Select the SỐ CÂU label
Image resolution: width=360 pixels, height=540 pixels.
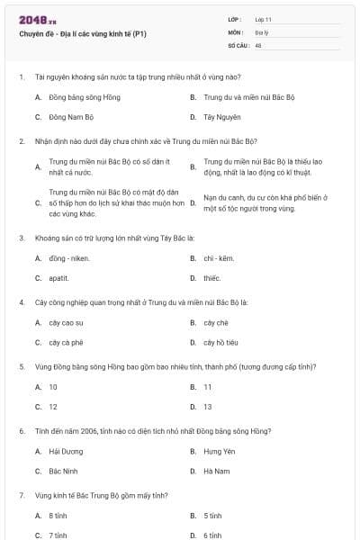pyautogui.click(x=238, y=44)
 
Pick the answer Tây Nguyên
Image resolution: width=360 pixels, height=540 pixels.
pyautogui.click(x=220, y=117)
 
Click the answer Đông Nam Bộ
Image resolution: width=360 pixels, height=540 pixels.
pyautogui.click(x=71, y=117)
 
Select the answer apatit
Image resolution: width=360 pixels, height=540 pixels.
pyautogui.click(x=59, y=278)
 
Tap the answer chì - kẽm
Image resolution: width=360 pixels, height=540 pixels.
pyautogui.click(x=219, y=258)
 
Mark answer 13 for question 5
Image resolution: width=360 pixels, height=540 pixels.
pyautogui.click(x=208, y=407)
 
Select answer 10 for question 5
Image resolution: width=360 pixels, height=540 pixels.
pyautogui.click(x=53, y=387)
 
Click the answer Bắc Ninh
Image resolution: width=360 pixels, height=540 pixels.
pyautogui.click(x=64, y=471)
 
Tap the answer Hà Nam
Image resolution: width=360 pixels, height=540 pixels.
pyautogui.click(x=217, y=471)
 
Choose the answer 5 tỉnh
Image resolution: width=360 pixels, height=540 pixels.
pyautogui.click(x=212, y=516)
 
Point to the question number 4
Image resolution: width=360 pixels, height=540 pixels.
pyautogui.click(x=22, y=302)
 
